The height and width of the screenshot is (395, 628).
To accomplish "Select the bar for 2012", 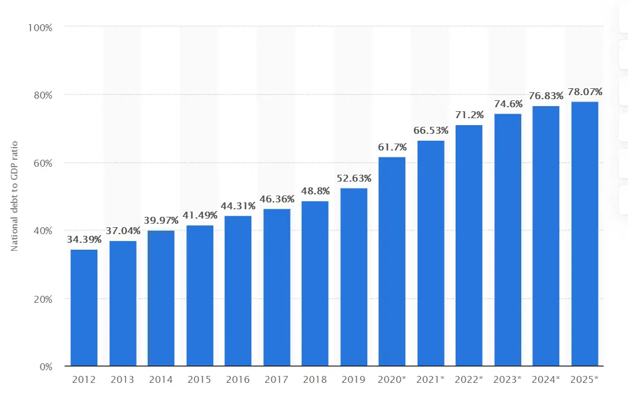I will point(84,308).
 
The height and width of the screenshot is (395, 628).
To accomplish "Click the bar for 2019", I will point(354,277).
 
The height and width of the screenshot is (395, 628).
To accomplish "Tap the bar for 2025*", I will point(585,234).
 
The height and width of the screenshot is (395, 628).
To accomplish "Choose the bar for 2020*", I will point(392,261).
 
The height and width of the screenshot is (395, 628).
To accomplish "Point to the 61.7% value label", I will point(392,146).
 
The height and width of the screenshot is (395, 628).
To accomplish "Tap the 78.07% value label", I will point(585,91).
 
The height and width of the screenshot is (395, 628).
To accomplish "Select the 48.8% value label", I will point(315,190).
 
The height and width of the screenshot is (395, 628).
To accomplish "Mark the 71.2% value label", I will point(469,114).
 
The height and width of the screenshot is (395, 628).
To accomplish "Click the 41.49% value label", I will point(200,215).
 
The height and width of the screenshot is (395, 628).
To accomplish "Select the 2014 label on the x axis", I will point(161,379).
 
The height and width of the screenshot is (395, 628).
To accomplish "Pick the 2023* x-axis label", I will point(507,379).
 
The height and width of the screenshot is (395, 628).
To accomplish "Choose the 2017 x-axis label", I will point(276,379).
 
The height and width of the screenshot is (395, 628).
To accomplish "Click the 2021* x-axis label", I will point(431,379).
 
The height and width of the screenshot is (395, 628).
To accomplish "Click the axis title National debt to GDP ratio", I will point(15,195).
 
